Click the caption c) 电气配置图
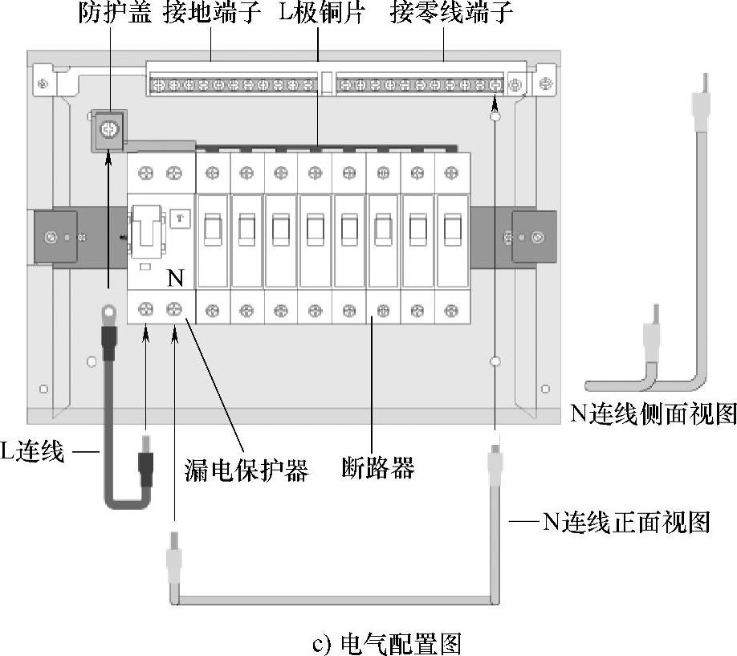pos(385,643)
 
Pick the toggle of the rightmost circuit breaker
pos(451,230)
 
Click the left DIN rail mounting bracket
pos(54,238)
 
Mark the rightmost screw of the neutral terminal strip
pos(497,84)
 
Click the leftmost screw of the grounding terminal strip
pos(158,84)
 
